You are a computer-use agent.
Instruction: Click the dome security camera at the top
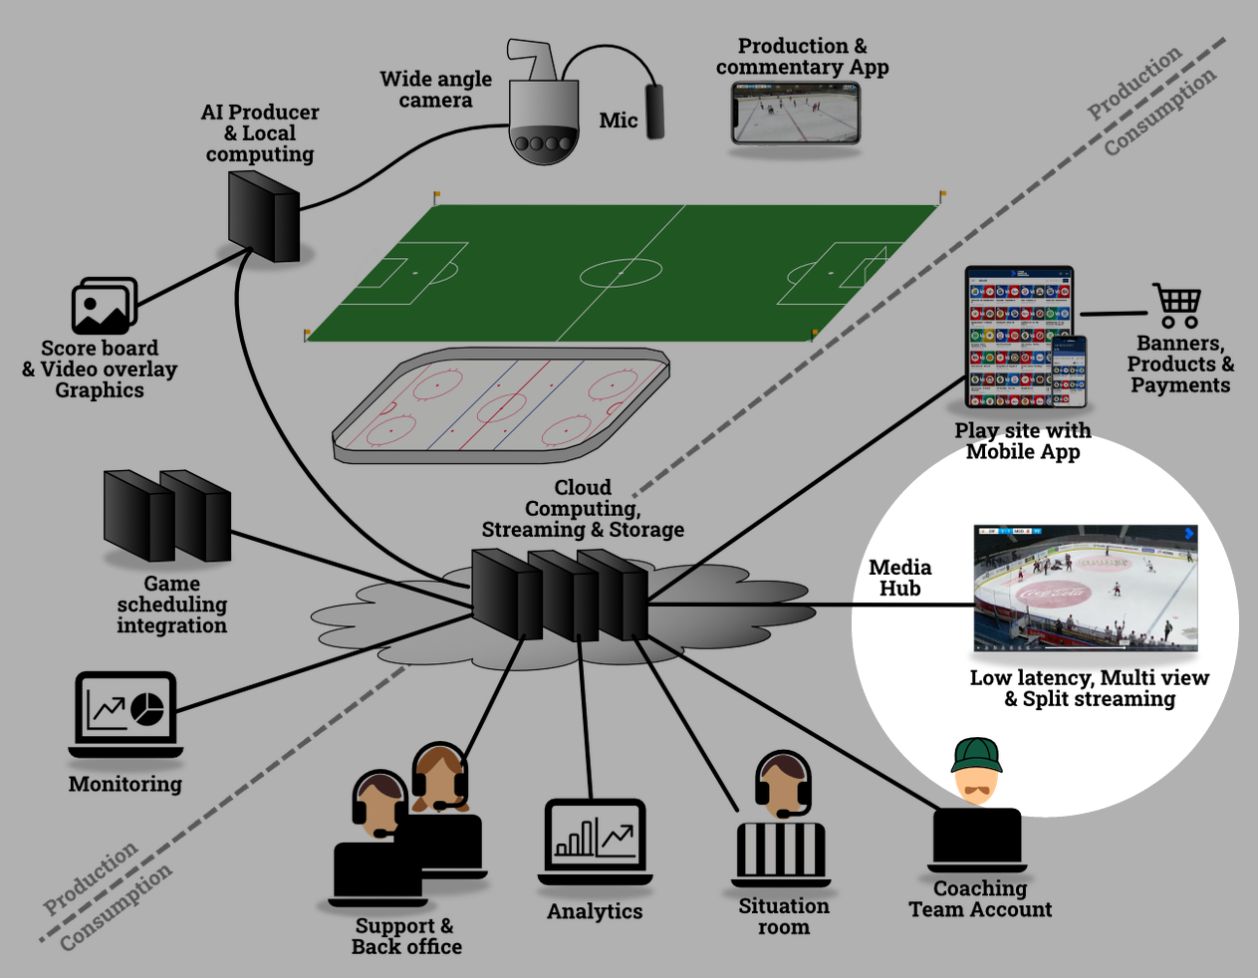(x=543, y=110)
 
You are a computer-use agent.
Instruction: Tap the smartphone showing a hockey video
(x=795, y=113)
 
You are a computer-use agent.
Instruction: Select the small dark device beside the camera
(x=654, y=112)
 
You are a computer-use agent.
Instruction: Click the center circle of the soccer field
(x=621, y=272)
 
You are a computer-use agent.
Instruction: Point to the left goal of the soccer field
(x=367, y=267)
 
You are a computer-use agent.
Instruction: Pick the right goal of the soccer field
(x=875, y=263)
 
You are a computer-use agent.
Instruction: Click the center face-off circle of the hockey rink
(x=501, y=407)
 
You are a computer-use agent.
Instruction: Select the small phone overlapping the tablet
(x=1069, y=371)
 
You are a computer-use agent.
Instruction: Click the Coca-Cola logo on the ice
(x=1052, y=594)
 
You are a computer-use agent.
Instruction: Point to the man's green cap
(x=976, y=755)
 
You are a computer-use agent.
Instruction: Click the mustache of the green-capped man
(x=976, y=790)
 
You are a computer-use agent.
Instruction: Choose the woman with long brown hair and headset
(x=439, y=779)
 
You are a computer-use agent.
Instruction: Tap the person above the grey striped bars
(x=783, y=786)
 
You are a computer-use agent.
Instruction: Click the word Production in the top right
(x=1133, y=83)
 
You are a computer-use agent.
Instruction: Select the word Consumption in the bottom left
(x=116, y=908)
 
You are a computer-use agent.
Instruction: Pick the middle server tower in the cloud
(x=563, y=596)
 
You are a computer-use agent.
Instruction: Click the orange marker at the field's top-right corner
(x=943, y=193)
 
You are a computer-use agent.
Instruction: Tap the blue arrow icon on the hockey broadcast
(x=1188, y=534)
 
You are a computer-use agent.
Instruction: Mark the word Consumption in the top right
(x=1159, y=112)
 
